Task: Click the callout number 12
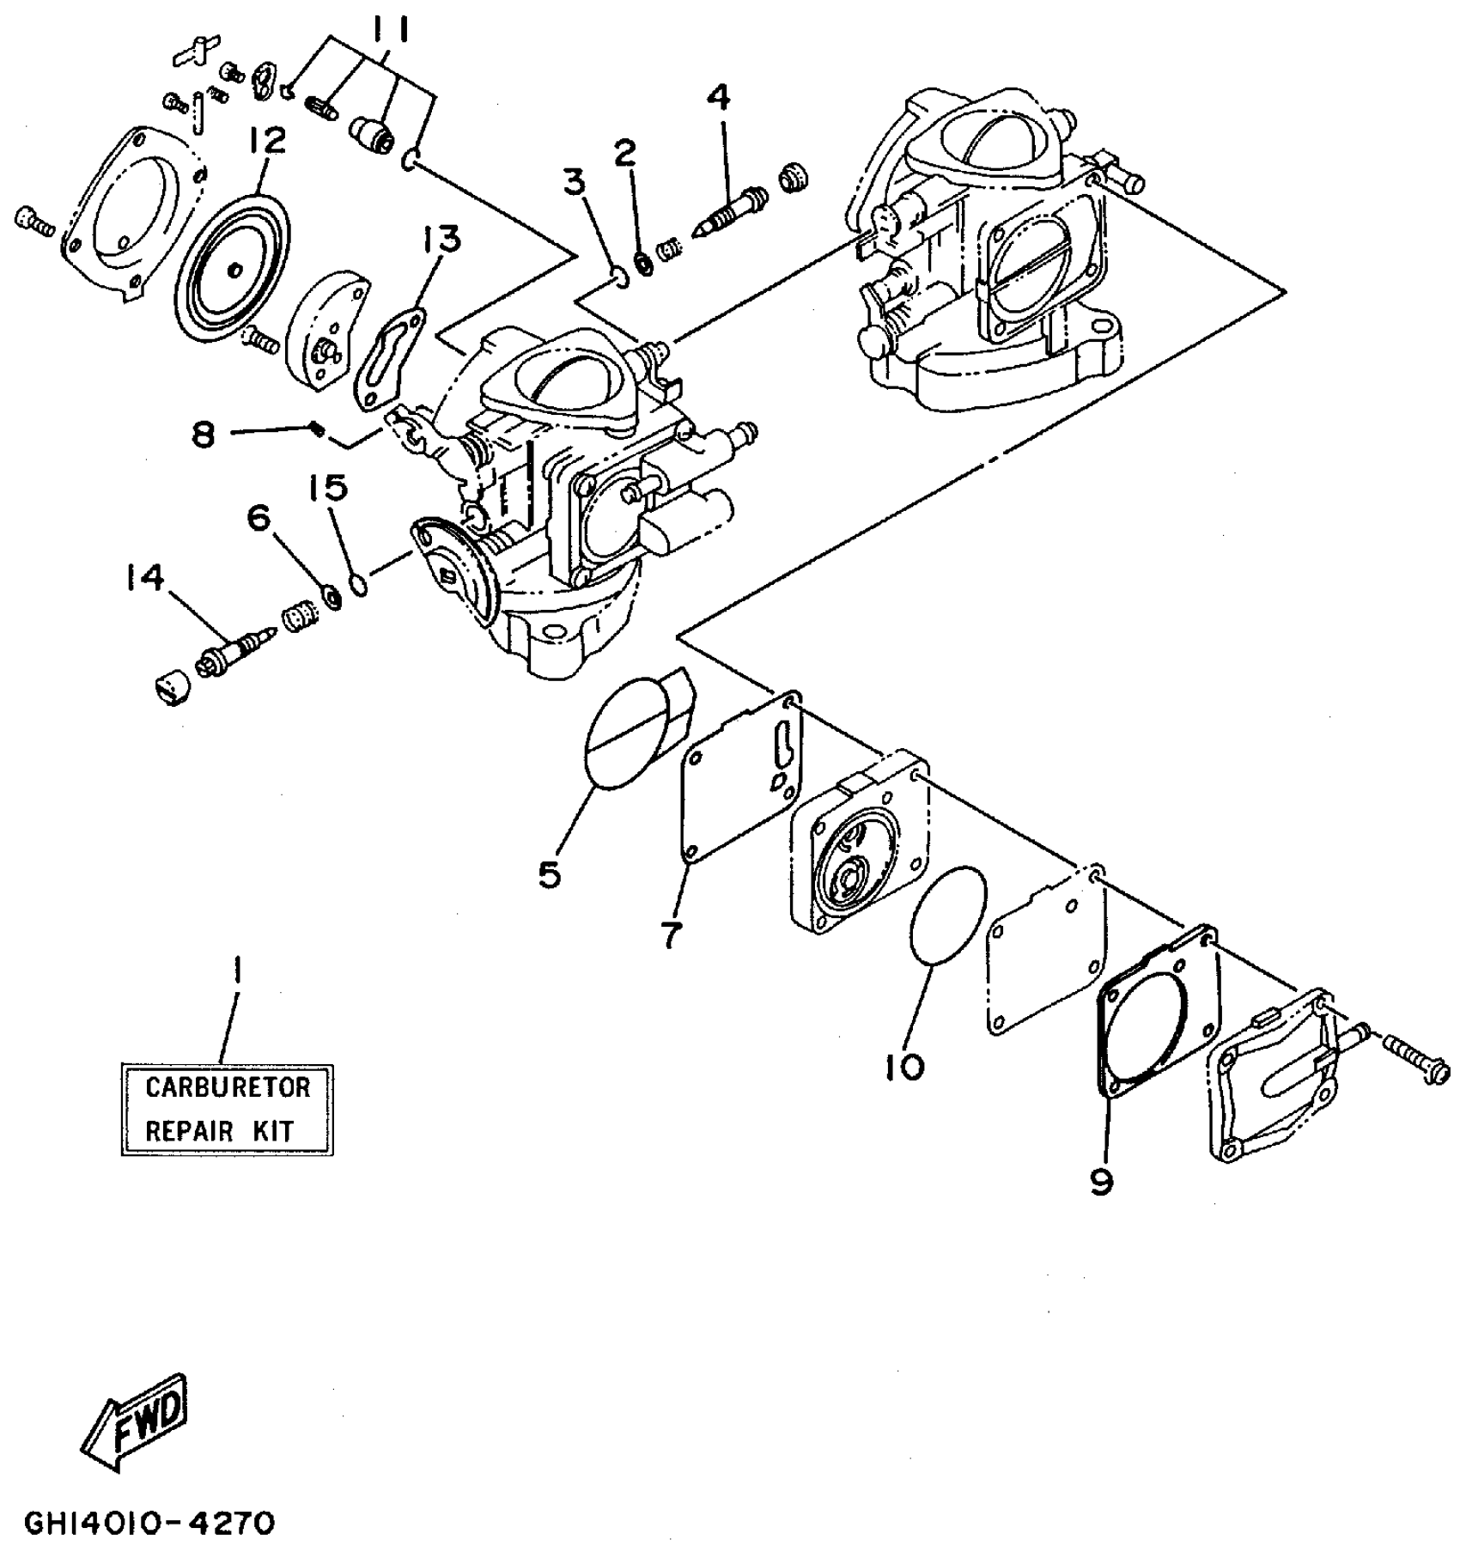coord(267,142)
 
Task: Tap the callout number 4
coord(719,98)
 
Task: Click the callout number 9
coord(1102,1183)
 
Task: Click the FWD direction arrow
coord(137,1421)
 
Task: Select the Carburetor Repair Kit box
coord(227,1109)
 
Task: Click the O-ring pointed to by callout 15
coord(360,586)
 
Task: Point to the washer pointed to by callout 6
coord(330,595)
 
